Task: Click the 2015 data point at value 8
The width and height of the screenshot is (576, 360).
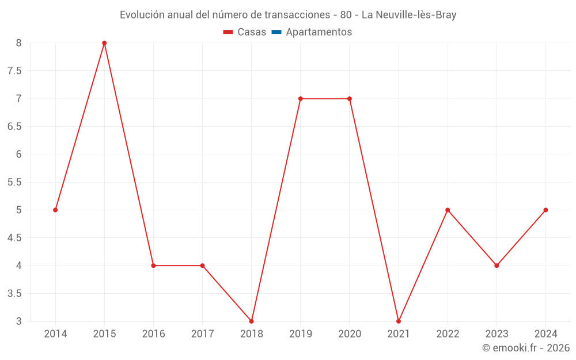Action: [104, 43]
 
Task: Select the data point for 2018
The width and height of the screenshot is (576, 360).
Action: [252, 321]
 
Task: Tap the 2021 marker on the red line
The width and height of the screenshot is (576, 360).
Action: [399, 321]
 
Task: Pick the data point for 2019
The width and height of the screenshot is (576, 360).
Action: [301, 98]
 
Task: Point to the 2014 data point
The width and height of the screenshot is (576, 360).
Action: [55, 210]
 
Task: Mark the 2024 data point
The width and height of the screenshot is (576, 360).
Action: [545, 210]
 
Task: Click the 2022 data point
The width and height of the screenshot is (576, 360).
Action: [448, 210]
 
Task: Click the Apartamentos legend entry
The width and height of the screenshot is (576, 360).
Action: [319, 32]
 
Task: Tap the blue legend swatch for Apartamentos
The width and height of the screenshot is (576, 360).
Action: [276, 32]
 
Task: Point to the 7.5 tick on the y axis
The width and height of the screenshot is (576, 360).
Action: [14, 71]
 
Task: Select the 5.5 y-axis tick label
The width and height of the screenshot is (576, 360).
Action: [14, 182]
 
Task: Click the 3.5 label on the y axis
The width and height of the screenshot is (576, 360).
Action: [14, 293]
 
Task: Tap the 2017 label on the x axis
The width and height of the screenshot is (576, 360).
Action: [202, 334]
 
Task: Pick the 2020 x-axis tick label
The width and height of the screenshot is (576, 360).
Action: [350, 334]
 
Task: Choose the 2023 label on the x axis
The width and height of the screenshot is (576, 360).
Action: [497, 334]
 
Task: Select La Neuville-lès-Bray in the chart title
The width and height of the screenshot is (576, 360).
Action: [409, 15]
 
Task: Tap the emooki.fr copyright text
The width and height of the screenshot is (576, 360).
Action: [526, 348]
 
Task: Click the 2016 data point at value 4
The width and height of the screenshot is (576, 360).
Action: [153, 266]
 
